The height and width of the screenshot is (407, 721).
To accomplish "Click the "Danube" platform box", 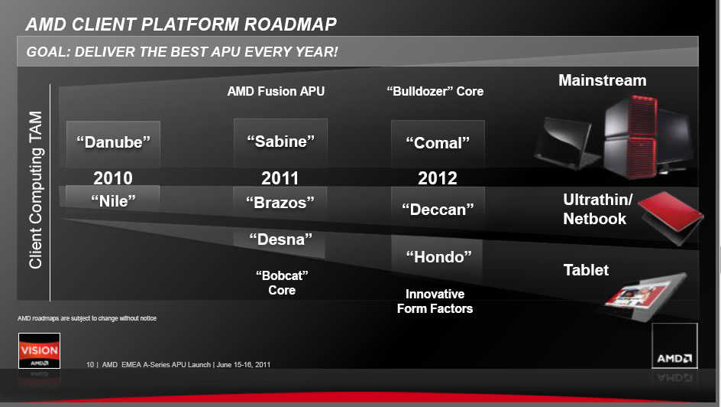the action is (x=113, y=144).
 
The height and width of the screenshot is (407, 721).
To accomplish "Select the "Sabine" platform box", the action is (x=280, y=142).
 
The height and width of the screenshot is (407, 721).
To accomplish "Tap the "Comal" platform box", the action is (x=438, y=144).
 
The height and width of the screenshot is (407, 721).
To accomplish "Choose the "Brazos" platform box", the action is (x=280, y=202).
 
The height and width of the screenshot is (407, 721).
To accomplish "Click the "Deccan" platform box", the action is (x=438, y=207).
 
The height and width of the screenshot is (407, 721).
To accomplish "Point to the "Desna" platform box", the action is (x=280, y=243).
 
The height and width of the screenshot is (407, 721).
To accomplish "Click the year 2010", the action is (x=113, y=178).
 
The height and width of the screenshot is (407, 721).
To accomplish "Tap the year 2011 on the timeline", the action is (x=280, y=178).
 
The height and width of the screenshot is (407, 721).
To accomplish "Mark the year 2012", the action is (x=438, y=178).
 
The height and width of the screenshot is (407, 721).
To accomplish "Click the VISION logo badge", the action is (x=39, y=350).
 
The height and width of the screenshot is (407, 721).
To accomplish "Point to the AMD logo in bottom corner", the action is (x=674, y=346).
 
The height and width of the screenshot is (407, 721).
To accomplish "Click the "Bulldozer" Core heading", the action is (x=435, y=91).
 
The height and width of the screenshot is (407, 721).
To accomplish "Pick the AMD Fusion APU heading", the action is (x=276, y=91).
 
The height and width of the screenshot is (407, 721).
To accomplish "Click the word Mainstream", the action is (x=603, y=80).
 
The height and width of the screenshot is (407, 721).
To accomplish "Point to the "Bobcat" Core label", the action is (x=282, y=283).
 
